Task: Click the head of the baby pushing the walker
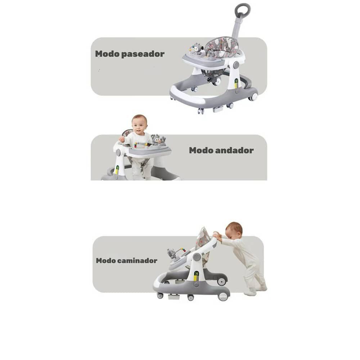pyautogui.click(x=234, y=231)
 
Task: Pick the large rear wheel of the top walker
pyautogui.click(x=253, y=96)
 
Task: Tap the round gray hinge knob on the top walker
pyautogui.click(x=236, y=65)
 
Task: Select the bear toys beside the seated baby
pyautogui.click(x=158, y=140)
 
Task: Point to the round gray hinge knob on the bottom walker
pyautogui.click(x=197, y=257)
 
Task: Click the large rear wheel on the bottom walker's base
pyautogui.click(x=223, y=296)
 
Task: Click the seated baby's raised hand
pyautogui.click(x=121, y=139)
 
